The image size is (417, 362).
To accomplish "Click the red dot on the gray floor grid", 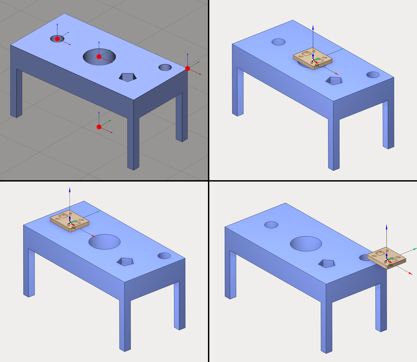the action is pyautogui.click(x=99, y=127).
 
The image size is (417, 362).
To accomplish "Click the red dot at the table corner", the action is pyautogui.click(x=187, y=69).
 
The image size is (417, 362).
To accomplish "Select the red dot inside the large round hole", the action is pyautogui.click(x=99, y=57).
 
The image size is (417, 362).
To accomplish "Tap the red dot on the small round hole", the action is pyautogui.click(x=57, y=39).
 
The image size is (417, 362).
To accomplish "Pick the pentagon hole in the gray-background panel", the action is pyautogui.click(x=128, y=77).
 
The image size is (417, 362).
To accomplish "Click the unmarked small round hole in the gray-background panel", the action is pyautogui.click(x=165, y=67).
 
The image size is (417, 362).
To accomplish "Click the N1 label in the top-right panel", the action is pyautogui.click(x=317, y=65).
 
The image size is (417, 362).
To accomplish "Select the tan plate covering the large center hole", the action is pyautogui.click(x=313, y=59).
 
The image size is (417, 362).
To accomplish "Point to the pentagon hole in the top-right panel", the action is pyautogui.click(x=334, y=81).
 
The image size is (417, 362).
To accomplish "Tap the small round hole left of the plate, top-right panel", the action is pyautogui.click(x=279, y=42).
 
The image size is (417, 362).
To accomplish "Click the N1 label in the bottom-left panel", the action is pyautogui.click(x=74, y=228).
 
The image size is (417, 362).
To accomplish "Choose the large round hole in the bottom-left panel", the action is pyautogui.click(x=105, y=242).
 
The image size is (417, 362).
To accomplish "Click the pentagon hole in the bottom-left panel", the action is pyautogui.click(x=125, y=262).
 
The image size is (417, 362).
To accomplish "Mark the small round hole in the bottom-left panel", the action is pyautogui.click(x=164, y=256).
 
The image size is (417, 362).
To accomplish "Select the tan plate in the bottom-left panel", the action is pyautogui.click(x=69, y=221).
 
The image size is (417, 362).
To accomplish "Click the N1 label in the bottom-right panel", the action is pyautogui.click(x=390, y=265).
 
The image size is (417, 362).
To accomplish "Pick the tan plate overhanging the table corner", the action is pyautogui.click(x=386, y=258).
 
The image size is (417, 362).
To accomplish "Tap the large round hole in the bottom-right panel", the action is pyautogui.click(x=306, y=244).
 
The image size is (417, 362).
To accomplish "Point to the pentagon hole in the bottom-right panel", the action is pyautogui.click(x=326, y=264).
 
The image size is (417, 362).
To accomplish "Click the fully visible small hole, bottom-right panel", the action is pyautogui.click(x=271, y=225).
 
